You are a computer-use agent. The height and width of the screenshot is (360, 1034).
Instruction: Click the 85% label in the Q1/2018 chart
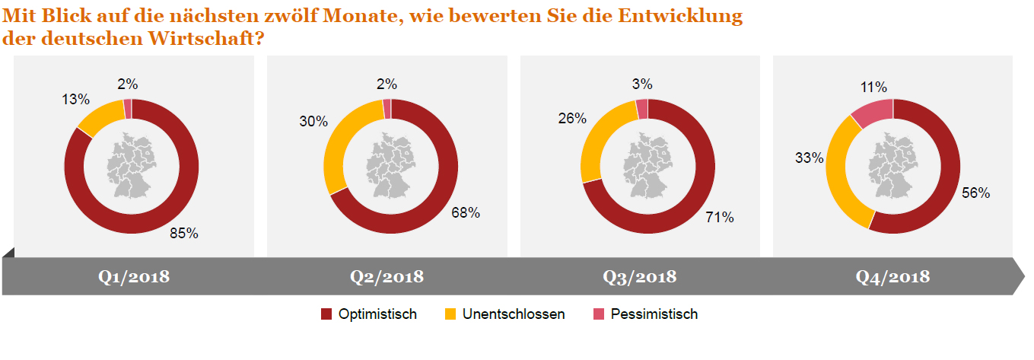point(184,234)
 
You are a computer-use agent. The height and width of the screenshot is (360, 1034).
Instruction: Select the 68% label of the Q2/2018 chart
point(465,213)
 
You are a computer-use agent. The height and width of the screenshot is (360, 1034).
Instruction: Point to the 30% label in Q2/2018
point(313,122)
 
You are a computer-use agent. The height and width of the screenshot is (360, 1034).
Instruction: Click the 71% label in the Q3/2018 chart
point(719,218)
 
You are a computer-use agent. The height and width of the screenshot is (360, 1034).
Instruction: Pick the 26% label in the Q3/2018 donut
point(571,118)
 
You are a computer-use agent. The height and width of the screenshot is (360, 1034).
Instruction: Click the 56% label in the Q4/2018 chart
point(975,193)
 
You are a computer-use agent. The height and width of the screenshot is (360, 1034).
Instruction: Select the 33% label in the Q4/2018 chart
point(810,158)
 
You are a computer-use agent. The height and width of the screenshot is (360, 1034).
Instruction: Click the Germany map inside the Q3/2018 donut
point(647,165)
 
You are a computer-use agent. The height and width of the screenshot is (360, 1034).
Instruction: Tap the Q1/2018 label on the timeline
point(133,276)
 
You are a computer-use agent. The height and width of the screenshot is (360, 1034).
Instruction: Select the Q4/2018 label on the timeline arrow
point(892,276)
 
